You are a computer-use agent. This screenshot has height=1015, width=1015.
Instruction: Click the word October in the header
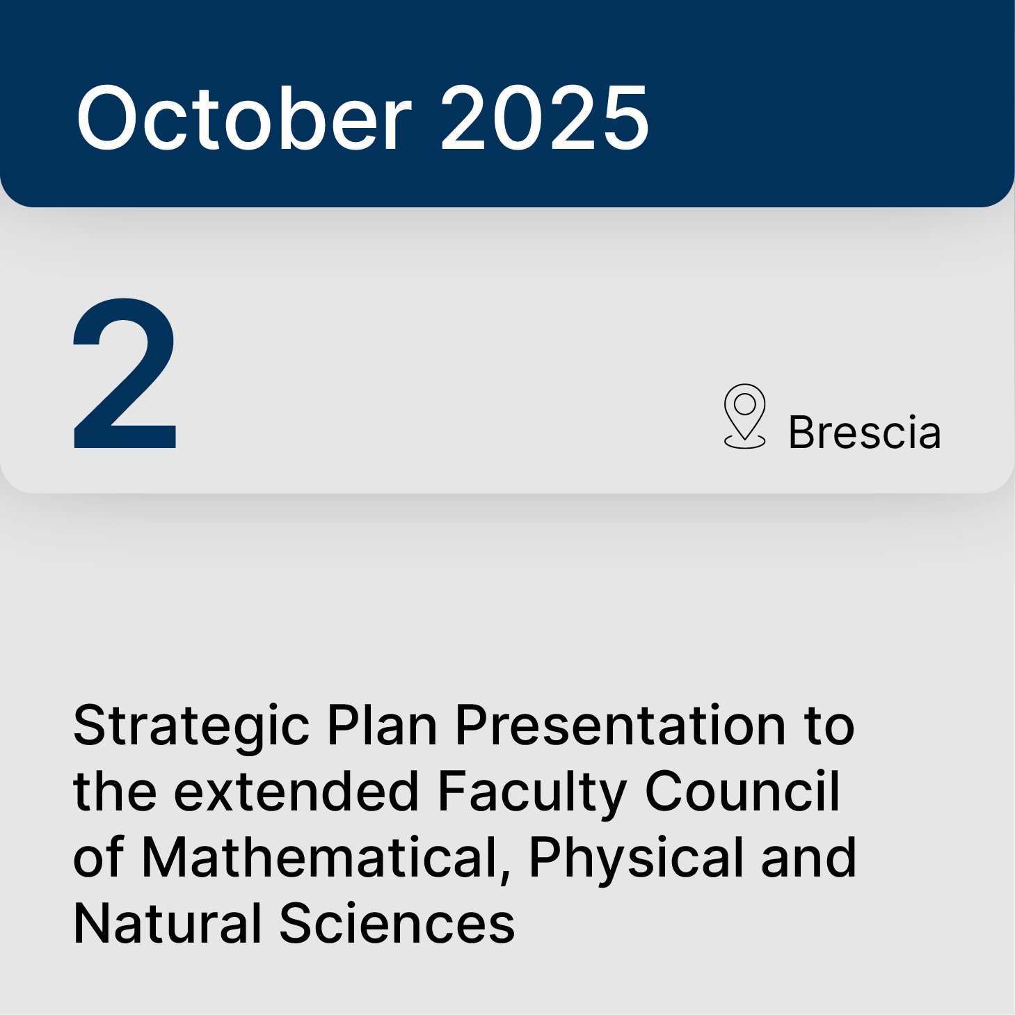point(244,118)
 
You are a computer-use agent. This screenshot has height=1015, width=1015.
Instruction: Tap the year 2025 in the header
point(545,118)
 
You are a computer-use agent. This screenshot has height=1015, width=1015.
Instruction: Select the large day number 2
point(125,374)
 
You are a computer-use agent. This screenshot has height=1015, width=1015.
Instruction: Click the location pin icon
point(744,415)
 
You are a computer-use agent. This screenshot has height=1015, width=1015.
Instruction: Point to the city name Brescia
point(864,432)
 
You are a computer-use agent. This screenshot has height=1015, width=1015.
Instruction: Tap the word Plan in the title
point(382,725)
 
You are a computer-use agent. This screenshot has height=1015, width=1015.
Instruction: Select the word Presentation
point(621,725)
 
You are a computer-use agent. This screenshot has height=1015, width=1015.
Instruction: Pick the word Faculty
point(532,793)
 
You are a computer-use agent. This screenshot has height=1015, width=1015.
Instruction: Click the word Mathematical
point(320,857)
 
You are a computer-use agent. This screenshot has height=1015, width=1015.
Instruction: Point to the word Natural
point(167,923)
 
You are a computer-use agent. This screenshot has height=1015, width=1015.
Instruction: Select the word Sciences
point(397,923)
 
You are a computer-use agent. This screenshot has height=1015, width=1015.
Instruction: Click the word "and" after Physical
point(808,857)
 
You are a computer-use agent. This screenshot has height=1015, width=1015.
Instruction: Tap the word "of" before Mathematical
point(99,857)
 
